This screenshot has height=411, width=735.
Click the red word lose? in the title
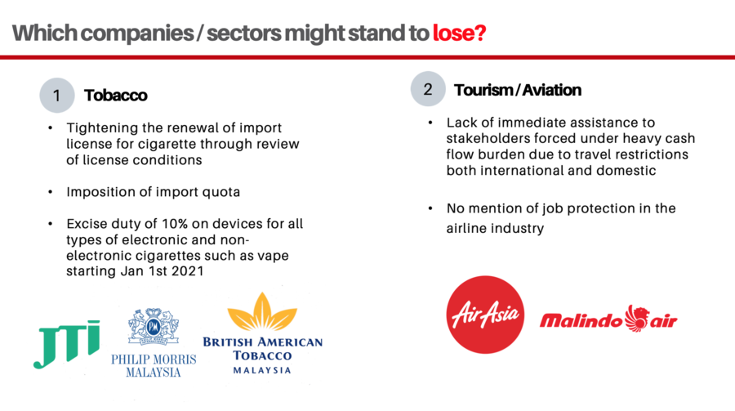click(x=459, y=33)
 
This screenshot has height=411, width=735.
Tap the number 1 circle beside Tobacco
click(x=57, y=96)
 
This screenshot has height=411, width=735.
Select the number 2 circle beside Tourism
click(x=428, y=89)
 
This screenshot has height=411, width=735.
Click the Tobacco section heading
click(x=116, y=96)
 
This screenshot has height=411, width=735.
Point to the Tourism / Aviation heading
click(x=518, y=90)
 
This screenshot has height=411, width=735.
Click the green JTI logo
click(x=67, y=344)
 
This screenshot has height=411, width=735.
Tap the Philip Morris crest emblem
click(x=154, y=327)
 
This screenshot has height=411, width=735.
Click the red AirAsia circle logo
click(x=485, y=315)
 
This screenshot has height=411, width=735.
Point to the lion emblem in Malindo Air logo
click(x=636, y=318)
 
